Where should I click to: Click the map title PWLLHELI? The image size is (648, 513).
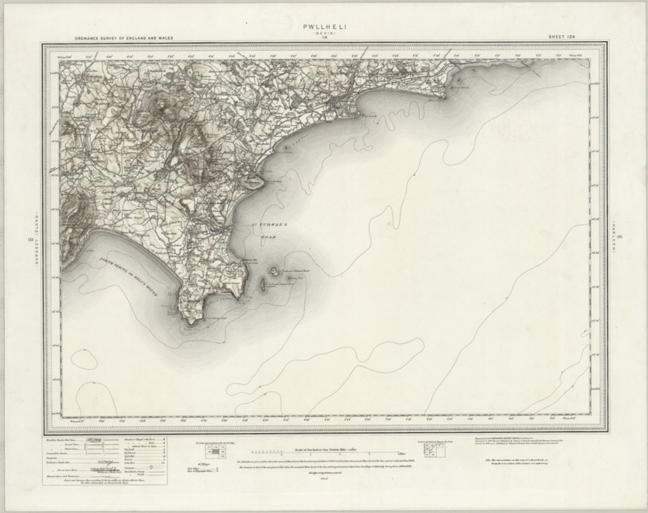pyautogui.click(x=324, y=27)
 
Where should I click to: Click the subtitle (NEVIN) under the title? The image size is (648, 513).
pyautogui.click(x=324, y=32)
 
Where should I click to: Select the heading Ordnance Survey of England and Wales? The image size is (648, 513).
pyautogui.click(x=124, y=38)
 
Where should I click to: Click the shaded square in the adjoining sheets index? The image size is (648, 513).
pyautogui.click(x=216, y=451)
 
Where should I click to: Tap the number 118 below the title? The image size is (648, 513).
pyautogui.click(x=324, y=38)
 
